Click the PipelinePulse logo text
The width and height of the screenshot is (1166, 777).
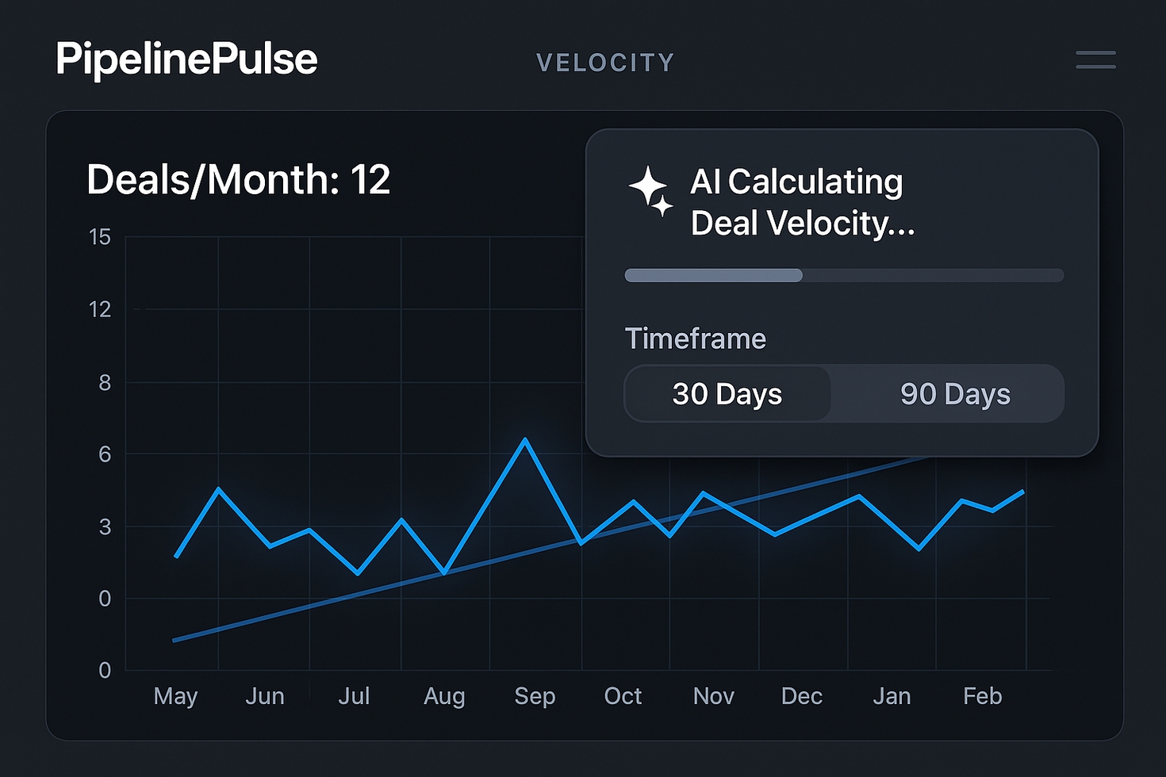click(186, 59)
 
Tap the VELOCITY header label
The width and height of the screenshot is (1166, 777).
click(605, 63)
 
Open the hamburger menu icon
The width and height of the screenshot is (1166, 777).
click(1095, 59)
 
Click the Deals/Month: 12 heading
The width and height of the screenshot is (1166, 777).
click(238, 180)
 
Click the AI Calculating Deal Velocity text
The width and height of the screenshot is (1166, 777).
click(802, 202)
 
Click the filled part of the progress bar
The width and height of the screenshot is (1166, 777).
click(713, 275)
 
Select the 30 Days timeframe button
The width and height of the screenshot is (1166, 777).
click(727, 394)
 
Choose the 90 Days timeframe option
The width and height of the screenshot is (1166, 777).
click(955, 394)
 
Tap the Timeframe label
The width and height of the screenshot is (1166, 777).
click(696, 339)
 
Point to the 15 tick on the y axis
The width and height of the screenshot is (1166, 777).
click(100, 237)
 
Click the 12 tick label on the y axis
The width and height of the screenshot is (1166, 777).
click(100, 309)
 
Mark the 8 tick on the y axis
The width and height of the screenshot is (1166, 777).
click(105, 383)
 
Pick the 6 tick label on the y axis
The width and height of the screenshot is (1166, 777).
click(105, 454)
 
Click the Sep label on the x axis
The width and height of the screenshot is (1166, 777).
click(535, 696)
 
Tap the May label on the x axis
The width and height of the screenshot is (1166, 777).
click(175, 696)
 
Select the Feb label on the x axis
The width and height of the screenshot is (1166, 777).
click(982, 696)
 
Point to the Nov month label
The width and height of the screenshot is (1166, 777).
click(713, 696)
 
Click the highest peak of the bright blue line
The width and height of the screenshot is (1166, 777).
click(524, 439)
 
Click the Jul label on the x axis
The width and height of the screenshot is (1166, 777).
click(354, 696)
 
